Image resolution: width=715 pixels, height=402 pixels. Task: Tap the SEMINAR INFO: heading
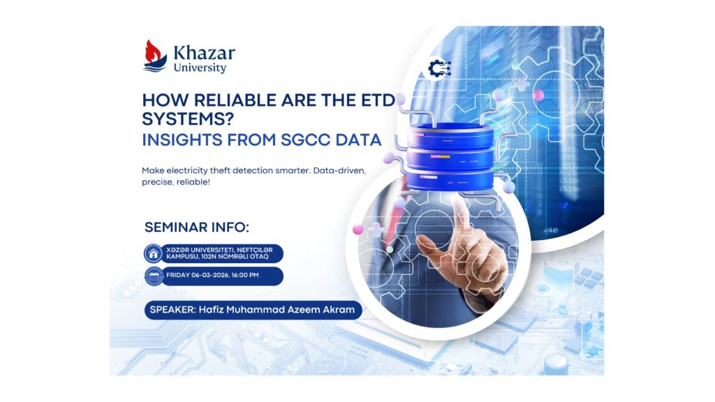click(x=196, y=228)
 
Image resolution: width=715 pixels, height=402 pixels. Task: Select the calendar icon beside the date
click(x=153, y=276)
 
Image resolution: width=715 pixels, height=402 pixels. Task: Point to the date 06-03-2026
click(x=209, y=276)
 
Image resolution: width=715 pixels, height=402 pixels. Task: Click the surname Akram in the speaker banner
click(x=337, y=310)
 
